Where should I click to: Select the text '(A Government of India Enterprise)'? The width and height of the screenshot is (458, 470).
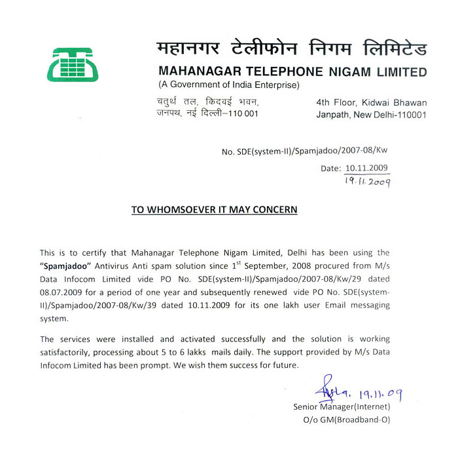(228, 86)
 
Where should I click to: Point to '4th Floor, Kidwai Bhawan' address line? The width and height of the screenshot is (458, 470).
(371, 102)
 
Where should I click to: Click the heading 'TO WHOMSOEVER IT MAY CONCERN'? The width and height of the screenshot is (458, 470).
(215, 210)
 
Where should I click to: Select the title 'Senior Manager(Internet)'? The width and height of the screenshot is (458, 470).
(342, 406)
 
